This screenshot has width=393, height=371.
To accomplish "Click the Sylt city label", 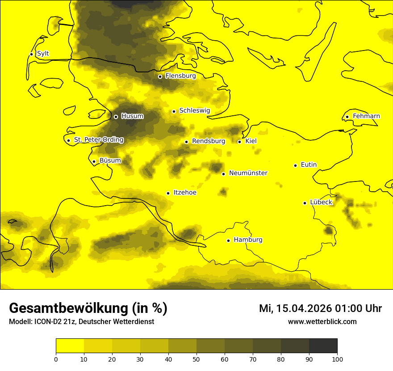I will coord(43,54).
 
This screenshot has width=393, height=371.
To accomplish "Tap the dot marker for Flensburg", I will coord(160,76).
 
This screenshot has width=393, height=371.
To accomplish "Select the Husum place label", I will coord(132,116).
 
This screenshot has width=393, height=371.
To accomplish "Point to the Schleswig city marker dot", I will coord(174,111).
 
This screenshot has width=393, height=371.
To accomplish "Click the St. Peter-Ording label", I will coord(98,140).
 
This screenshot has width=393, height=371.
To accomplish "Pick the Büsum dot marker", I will coord(94,161).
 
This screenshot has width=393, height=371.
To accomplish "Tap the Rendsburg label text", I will coord(208,141).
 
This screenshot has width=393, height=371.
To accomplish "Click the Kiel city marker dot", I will coord(239,142).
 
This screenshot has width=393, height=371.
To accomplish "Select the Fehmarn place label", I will coord(366,116).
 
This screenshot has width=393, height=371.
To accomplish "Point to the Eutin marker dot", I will coord(295,165).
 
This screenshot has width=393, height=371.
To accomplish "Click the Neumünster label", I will coord(248,173).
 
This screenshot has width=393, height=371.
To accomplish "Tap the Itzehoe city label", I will coord(185,193).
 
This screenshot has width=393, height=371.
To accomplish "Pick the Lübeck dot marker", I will coord(305,203).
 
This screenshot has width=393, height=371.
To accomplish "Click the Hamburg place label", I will coord(248,240).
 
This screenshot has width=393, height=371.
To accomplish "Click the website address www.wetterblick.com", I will coord(322,321).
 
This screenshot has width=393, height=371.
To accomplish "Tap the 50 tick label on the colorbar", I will coord(196,359).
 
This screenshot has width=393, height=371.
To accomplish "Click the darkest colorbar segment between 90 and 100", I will coord(323,346).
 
